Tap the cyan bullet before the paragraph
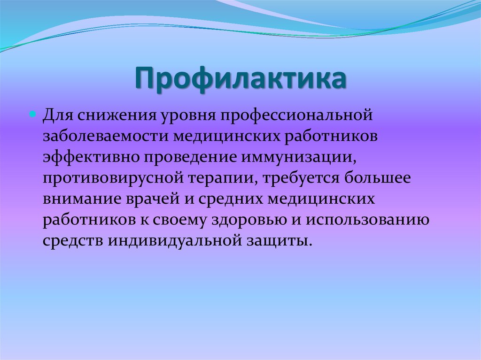click(x=33, y=115)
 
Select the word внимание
click(x=81, y=199)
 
